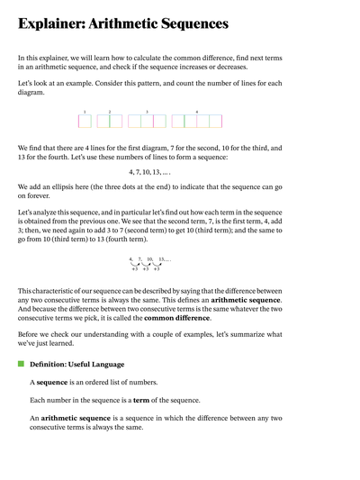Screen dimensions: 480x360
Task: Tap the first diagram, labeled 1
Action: [x=85, y=121]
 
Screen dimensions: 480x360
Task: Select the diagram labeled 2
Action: [x=110, y=121]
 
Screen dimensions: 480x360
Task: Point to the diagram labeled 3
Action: [x=147, y=121]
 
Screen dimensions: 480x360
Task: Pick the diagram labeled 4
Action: [x=197, y=121]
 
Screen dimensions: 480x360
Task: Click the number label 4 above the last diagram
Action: [x=197, y=112]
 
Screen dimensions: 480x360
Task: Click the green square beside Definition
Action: [x=21, y=364]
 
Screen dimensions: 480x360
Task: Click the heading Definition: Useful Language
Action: [x=77, y=364]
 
